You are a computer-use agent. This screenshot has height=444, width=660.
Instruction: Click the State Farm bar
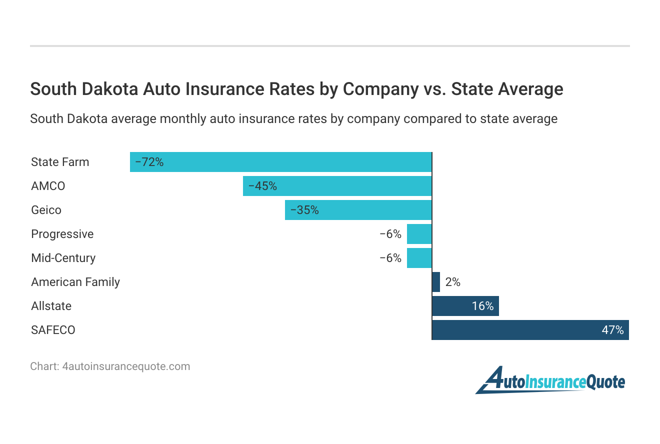(x=280, y=162)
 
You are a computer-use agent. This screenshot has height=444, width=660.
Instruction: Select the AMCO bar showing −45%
(x=337, y=186)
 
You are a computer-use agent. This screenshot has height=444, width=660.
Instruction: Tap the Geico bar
(x=358, y=210)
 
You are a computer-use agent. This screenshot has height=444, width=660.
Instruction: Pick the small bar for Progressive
(x=419, y=234)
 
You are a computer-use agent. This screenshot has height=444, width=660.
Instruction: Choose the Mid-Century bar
(x=419, y=258)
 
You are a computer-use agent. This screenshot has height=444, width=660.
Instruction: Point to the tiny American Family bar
(x=436, y=282)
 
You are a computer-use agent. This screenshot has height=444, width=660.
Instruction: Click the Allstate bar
(x=465, y=306)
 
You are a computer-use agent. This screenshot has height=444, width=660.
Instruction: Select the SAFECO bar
(x=530, y=330)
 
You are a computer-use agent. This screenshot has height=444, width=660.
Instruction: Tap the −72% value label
(x=149, y=162)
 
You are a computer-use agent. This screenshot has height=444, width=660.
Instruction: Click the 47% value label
(x=612, y=330)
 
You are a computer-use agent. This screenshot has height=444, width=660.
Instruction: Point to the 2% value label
(x=452, y=282)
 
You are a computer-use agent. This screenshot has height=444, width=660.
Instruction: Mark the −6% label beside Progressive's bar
(x=390, y=234)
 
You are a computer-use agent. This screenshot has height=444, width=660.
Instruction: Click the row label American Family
(x=75, y=282)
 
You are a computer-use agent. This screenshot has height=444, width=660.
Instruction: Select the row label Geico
(x=46, y=210)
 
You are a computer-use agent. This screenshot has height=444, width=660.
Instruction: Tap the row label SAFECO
(x=53, y=330)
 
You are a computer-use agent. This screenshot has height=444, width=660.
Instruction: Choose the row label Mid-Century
(x=63, y=258)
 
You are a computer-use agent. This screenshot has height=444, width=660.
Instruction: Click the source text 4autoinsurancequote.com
(x=126, y=366)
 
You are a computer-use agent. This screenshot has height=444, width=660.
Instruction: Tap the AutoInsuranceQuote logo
(x=550, y=381)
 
